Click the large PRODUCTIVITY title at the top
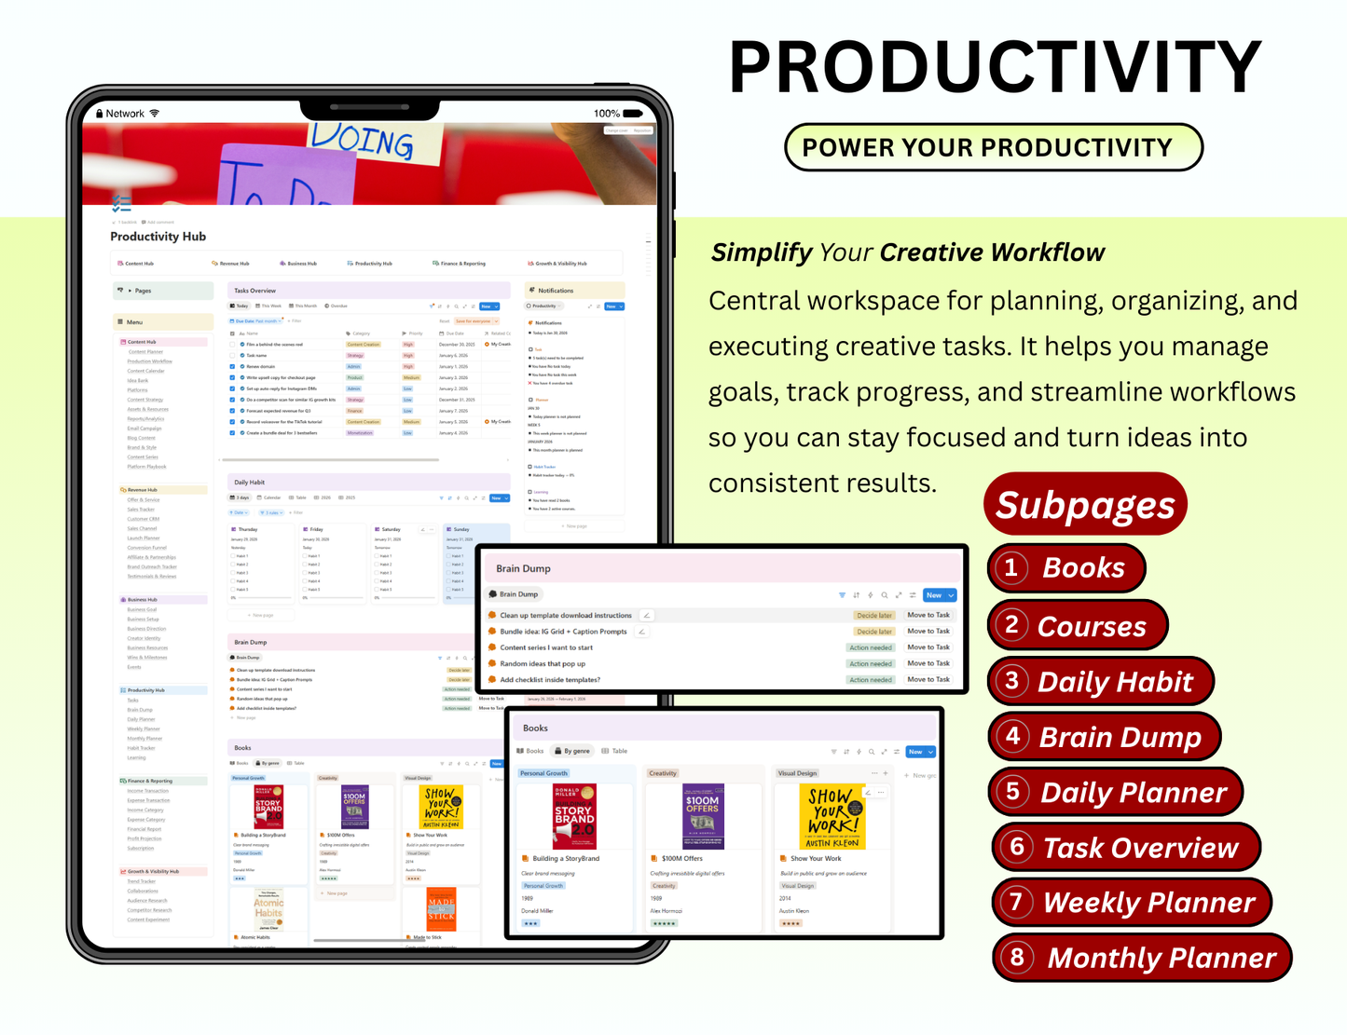tap(995, 67)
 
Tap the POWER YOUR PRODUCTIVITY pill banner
tap(993, 147)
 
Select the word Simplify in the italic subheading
tap(762, 252)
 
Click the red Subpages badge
tap(1085, 505)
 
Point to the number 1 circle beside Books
tap(1010, 567)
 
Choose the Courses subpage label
tap(1092, 626)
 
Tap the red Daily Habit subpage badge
tap(1101, 681)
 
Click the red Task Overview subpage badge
tap(1126, 848)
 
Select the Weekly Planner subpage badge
tap(1132, 902)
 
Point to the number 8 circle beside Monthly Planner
tap(1017, 957)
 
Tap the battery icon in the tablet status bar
tap(633, 114)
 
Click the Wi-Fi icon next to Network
tap(155, 114)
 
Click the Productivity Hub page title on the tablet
tap(158, 237)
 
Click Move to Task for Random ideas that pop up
tap(928, 663)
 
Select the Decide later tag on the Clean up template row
tap(874, 615)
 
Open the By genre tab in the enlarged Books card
tap(571, 751)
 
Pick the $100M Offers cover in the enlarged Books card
tap(702, 815)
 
